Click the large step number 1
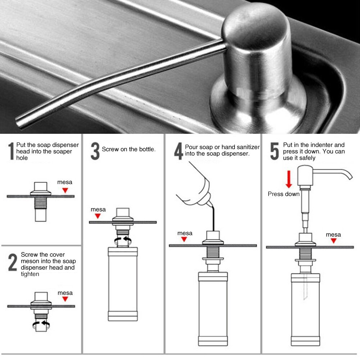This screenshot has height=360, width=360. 11,151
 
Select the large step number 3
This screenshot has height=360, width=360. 95,151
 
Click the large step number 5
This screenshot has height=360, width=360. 274,151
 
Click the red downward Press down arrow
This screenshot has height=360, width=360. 288,180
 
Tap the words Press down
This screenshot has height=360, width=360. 283,194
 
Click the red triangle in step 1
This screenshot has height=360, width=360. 65,190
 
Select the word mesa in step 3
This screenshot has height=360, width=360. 98,209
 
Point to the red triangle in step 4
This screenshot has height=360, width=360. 184,240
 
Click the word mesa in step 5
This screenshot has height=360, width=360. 333,234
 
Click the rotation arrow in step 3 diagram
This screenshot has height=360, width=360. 122,240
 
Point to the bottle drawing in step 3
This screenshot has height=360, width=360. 123,284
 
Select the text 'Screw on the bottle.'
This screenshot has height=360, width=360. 129,149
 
